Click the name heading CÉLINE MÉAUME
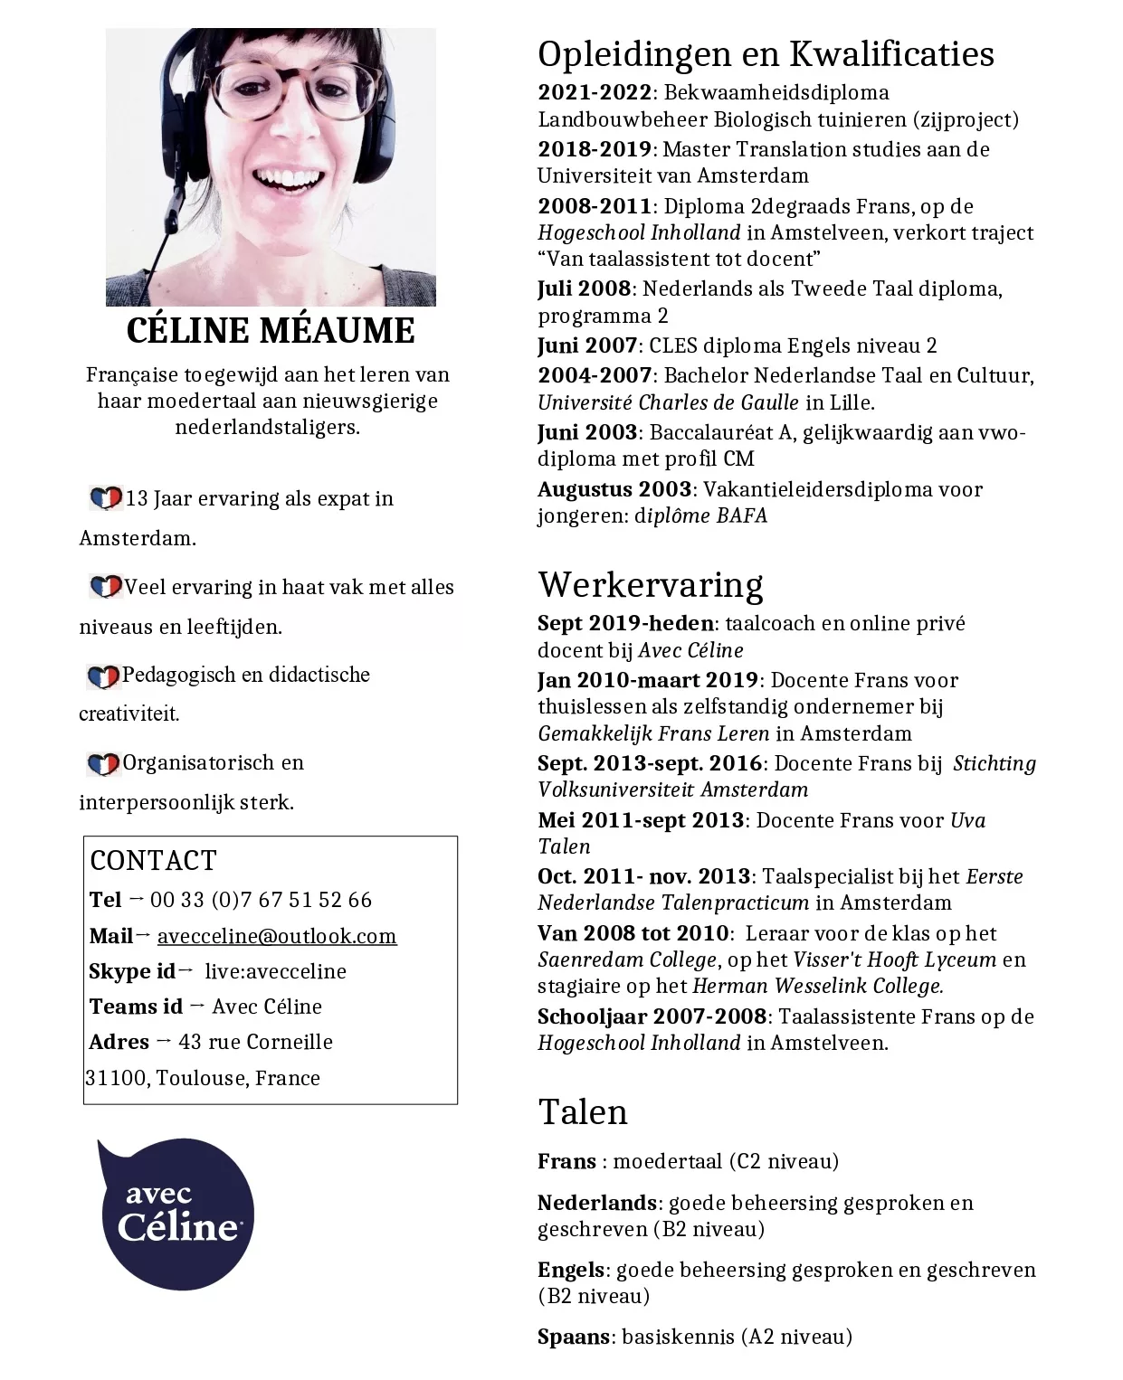point(271,331)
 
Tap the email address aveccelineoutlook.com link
point(277,936)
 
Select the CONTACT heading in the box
point(153,860)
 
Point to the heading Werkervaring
point(650,585)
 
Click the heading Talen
point(582,1111)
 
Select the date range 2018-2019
point(594,149)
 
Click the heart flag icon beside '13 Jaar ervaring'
point(106,498)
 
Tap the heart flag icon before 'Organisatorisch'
point(103,764)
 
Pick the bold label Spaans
point(573,1337)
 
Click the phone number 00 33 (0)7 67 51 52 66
point(261,900)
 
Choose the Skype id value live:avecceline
point(275,971)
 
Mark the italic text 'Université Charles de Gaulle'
point(668,402)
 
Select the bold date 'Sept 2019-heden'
point(625,623)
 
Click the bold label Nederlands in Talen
point(596,1203)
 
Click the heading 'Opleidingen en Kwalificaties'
point(766,54)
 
